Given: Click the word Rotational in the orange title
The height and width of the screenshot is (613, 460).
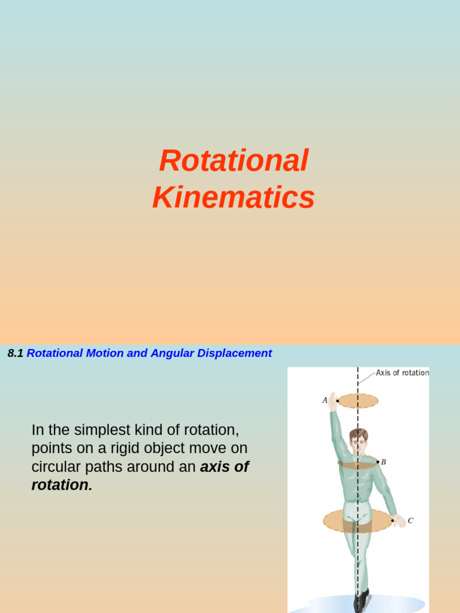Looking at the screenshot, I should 234,161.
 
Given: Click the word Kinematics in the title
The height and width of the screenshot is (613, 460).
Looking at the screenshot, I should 234,198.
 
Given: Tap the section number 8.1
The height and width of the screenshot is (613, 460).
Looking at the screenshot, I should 15,353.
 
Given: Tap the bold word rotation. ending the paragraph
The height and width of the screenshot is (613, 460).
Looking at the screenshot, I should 62,485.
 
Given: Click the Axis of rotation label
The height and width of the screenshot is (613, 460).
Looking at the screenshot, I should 402,373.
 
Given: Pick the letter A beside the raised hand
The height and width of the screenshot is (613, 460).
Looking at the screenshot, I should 325,400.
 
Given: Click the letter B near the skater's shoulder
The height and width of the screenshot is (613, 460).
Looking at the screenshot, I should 383,462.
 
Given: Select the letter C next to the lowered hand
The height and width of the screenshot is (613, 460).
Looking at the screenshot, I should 410,521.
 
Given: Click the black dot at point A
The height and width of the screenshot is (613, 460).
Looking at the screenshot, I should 338,401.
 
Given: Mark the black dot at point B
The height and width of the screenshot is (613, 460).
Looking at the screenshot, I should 377,462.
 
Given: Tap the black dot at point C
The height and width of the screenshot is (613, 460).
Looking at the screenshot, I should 393,521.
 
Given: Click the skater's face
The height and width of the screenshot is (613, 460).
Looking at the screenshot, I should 358,444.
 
